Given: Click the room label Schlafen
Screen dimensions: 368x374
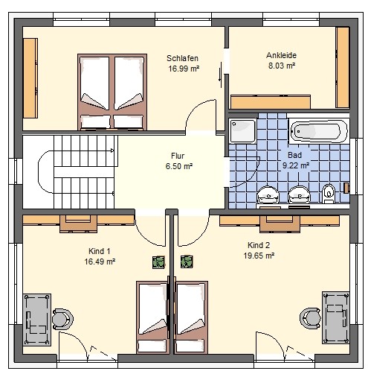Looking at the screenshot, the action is (x=182, y=58).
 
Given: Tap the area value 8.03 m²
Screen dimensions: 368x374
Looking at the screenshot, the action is (x=282, y=66).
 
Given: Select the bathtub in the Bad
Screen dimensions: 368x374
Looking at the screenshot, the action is (x=319, y=131).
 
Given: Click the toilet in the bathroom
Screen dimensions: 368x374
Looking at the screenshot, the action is (x=329, y=193).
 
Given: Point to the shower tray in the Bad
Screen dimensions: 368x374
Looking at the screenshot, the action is (x=243, y=131).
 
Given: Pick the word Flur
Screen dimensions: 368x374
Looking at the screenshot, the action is (x=178, y=156).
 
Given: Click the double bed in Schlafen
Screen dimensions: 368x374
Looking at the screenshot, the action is (x=112, y=92).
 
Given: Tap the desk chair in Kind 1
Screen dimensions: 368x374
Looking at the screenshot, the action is (x=62, y=319).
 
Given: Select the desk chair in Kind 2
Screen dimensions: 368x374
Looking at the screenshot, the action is (x=310, y=318).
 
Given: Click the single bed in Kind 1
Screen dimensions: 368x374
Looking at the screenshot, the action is (x=152, y=317).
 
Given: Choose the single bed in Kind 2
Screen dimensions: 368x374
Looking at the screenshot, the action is (x=191, y=317).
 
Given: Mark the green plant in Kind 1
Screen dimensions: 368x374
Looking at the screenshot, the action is (x=158, y=262).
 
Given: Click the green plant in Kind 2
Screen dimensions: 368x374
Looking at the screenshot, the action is (x=187, y=262).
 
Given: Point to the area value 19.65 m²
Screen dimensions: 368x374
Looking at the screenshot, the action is (x=259, y=256).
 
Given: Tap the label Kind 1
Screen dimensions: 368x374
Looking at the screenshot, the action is (x=100, y=251).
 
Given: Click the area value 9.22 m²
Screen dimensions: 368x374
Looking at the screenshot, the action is (x=296, y=165).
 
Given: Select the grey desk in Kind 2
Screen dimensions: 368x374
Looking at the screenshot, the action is (x=336, y=317).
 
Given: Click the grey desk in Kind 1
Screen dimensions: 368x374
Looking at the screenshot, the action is (x=37, y=320).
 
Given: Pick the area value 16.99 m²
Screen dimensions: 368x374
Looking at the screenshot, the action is (x=184, y=69).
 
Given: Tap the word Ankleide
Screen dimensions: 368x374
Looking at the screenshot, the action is (x=281, y=55).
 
